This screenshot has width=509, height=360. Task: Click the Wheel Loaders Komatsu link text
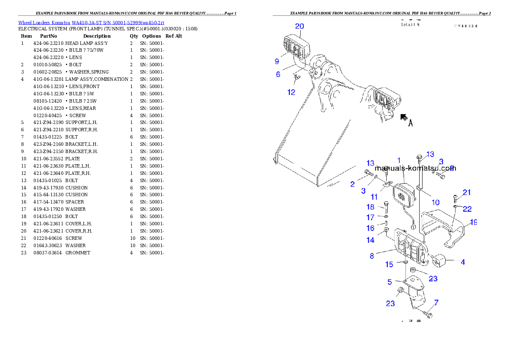point(91,22)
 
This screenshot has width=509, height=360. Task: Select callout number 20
point(299,26)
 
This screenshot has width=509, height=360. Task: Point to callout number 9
point(277,61)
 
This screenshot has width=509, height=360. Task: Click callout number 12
point(291,92)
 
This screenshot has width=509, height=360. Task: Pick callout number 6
point(278,74)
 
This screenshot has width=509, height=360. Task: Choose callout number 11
point(374,197)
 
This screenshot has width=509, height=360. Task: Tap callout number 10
point(435,202)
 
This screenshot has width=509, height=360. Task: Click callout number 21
point(467,192)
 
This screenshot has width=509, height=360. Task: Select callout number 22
point(467,209)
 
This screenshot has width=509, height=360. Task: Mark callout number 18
point(370,207)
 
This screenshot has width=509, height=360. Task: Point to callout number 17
point(370,218)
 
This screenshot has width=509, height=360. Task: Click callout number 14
point(370,240)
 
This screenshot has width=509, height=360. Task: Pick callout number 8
point(372,256)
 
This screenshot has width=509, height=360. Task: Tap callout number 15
point(389,265)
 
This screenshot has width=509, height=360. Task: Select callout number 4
point(463,262)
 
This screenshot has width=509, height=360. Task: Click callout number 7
point(436,302)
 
